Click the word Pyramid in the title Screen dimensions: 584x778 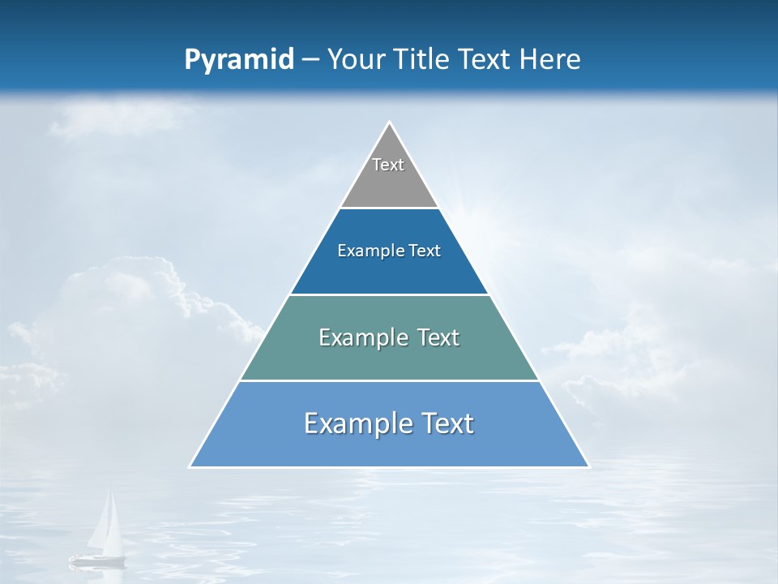pos(238,60)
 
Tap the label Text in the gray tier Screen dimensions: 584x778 pos(388,165)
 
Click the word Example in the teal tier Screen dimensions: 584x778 pos(356,337)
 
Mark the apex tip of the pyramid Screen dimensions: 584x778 pos(389,123)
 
